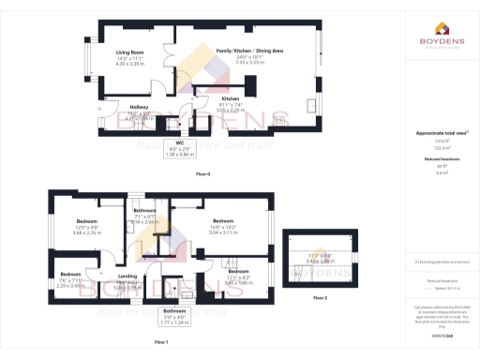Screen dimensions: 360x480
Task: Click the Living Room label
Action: (129, 52)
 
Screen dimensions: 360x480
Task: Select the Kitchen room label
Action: (231, 98)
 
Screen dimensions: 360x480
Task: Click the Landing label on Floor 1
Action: (128, 277)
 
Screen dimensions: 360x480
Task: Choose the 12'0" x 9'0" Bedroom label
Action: (87, 221)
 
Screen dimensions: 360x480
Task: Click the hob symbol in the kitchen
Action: (280, 120)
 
